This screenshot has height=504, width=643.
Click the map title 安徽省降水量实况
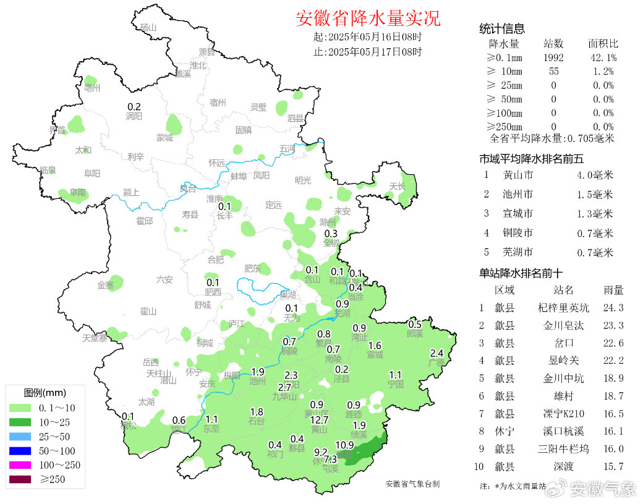368,19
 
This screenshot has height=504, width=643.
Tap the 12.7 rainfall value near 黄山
319,420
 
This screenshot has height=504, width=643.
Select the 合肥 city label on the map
216,259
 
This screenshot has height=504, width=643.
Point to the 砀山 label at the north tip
148,28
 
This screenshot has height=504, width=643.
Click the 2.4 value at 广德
436,353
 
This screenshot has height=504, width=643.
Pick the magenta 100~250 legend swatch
23,464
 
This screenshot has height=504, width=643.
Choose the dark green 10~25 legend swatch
23,422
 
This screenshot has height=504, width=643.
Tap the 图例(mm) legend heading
45,392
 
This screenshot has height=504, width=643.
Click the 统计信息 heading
502,28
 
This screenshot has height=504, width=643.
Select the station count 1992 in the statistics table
553,57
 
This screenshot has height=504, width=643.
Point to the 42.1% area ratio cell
602,57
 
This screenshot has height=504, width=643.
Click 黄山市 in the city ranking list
518,175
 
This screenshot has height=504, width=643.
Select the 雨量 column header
613,290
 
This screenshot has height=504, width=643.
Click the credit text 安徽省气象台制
412,484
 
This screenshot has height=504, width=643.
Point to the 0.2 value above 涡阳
134,106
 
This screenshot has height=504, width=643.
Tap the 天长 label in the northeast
398,187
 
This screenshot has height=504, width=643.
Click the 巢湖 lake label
287,295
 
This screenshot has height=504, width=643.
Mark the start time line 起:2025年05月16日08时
368,37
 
